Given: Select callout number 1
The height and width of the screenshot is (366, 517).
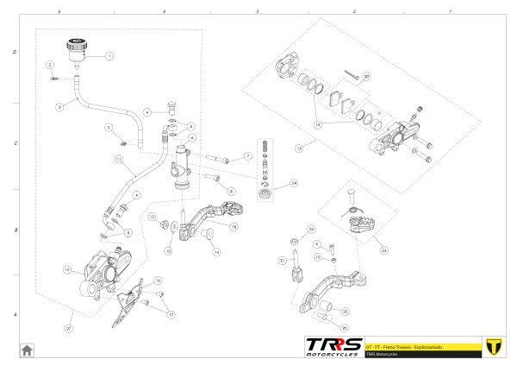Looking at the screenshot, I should pos(109,55).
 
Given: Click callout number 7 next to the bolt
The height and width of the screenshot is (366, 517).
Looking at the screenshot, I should pos(247,156).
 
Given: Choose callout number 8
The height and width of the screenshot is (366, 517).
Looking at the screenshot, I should pos(231,190).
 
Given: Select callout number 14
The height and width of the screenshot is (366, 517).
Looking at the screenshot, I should pos(217,252).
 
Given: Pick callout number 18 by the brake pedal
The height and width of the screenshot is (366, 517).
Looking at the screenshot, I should pos(234,225).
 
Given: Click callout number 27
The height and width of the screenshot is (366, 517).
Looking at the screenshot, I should pos(69,329).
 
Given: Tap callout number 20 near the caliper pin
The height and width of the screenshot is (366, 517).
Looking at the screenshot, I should pos(365,77).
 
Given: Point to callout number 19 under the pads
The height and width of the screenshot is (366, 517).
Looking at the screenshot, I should pos(318,124).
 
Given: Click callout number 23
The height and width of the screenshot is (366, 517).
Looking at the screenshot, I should pos(383,250).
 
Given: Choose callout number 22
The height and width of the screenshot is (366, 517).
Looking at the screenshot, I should pos(311,229).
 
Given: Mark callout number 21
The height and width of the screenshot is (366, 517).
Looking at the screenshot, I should pos(282,260).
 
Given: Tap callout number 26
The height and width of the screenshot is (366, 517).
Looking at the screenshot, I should pos(345,328).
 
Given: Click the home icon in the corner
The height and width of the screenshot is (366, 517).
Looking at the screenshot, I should pos(27,350).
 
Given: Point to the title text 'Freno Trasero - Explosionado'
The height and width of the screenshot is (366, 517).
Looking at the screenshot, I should pos(412,345).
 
